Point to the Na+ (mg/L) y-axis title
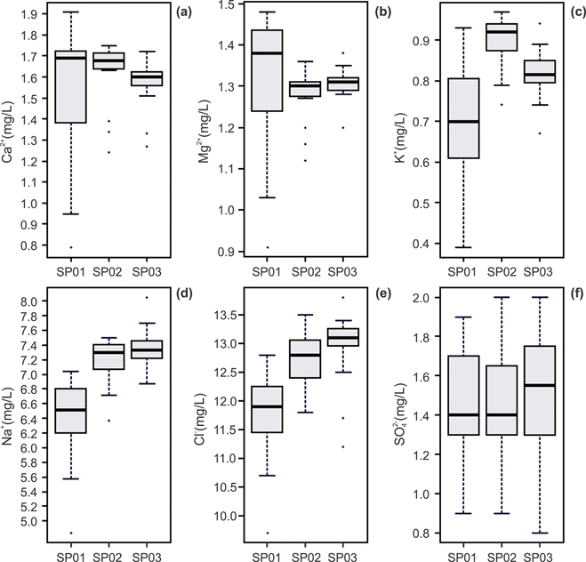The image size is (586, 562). click(x=10, y=412)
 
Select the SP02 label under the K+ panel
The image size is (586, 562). click(x=503, y=270)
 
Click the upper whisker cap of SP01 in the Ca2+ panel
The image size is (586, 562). click(x=70, y=12)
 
